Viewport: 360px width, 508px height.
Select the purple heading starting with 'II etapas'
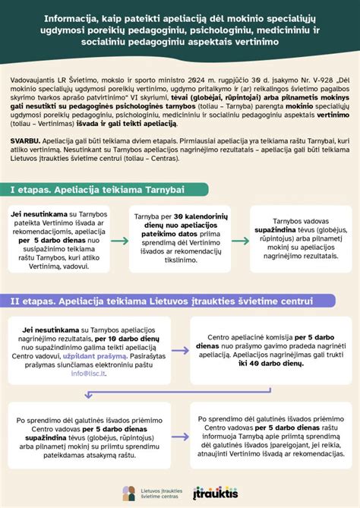click(161, 301)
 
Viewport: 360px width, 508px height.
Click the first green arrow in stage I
click(118, 241)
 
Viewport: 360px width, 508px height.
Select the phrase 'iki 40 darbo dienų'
click(273, 364)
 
